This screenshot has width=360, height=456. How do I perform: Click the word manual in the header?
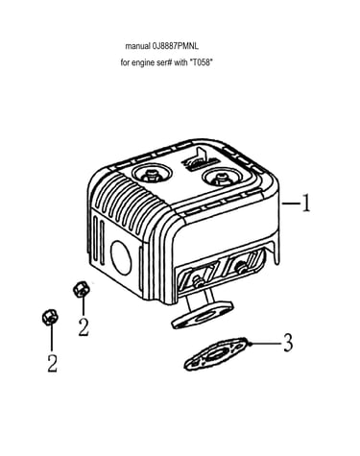click(137, 46)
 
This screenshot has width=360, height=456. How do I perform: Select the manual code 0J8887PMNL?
click(176, 46)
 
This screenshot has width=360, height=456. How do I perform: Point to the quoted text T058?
click(201, 62)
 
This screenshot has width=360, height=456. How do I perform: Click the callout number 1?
click(306, 203)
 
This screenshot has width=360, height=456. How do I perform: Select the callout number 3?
click(288, 343)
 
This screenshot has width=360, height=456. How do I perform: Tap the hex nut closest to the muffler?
click(82, 289)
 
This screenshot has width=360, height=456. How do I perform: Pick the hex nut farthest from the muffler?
click(50, 317)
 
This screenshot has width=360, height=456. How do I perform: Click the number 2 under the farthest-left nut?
click(53, 363)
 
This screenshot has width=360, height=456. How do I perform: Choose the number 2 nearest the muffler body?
click(84, 327)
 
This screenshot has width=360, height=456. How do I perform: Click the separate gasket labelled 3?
click(215, 354)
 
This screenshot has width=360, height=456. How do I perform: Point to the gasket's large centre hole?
click(215, 354)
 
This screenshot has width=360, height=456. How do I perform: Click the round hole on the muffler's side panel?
click(121, 258)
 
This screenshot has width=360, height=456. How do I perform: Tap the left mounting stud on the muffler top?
click(152, 175)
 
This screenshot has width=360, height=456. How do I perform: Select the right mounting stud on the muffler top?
click(221, 178)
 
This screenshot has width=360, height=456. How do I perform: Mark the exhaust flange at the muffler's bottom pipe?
click(203, 314)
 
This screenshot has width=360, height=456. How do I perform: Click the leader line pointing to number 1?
click(291, 203)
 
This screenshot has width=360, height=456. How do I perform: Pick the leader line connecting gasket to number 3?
click(264, 344)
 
